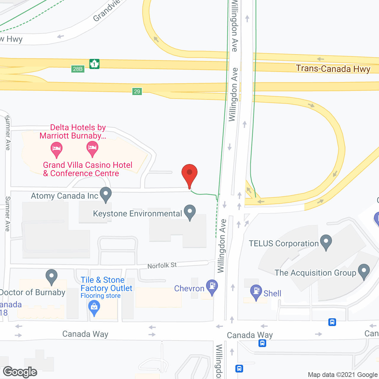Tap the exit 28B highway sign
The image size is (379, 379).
pyautogui.click(x=78, y=69)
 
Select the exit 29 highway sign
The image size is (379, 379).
pyautogui.click(x=137, y=91)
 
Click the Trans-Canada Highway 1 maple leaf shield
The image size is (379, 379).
pyautogui.click(x=94, y=64)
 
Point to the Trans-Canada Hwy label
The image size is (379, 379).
pyautogui.click(x=333, y=69)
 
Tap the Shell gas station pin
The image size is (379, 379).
pyautogui.click(x=256, y=292)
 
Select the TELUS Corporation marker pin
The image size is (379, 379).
pyautogui.click(x=326, y=242)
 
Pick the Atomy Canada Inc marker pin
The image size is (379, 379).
pyautogui.click(x=106, y=194)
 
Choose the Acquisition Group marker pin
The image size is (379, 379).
pyautogui.click(x=364, y=271)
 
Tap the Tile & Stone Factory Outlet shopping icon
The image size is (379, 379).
pyautogui.click(x=94, y=308)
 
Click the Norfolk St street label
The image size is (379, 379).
pyautogui.click(x=162, y=265)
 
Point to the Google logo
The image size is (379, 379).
pyautogui.click(x=20, y=372)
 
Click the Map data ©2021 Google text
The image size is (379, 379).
pyautogui.click(x=343, y=375)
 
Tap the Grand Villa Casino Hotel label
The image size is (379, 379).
pyautogui.click(x=88, y=169)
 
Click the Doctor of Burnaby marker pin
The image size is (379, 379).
pyautogui.click(x=52, y=276)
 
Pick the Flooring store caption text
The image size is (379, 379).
pyautogui.click(x=101, y=296)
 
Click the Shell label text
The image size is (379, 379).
pyautogui.click(x=272, y=293)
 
